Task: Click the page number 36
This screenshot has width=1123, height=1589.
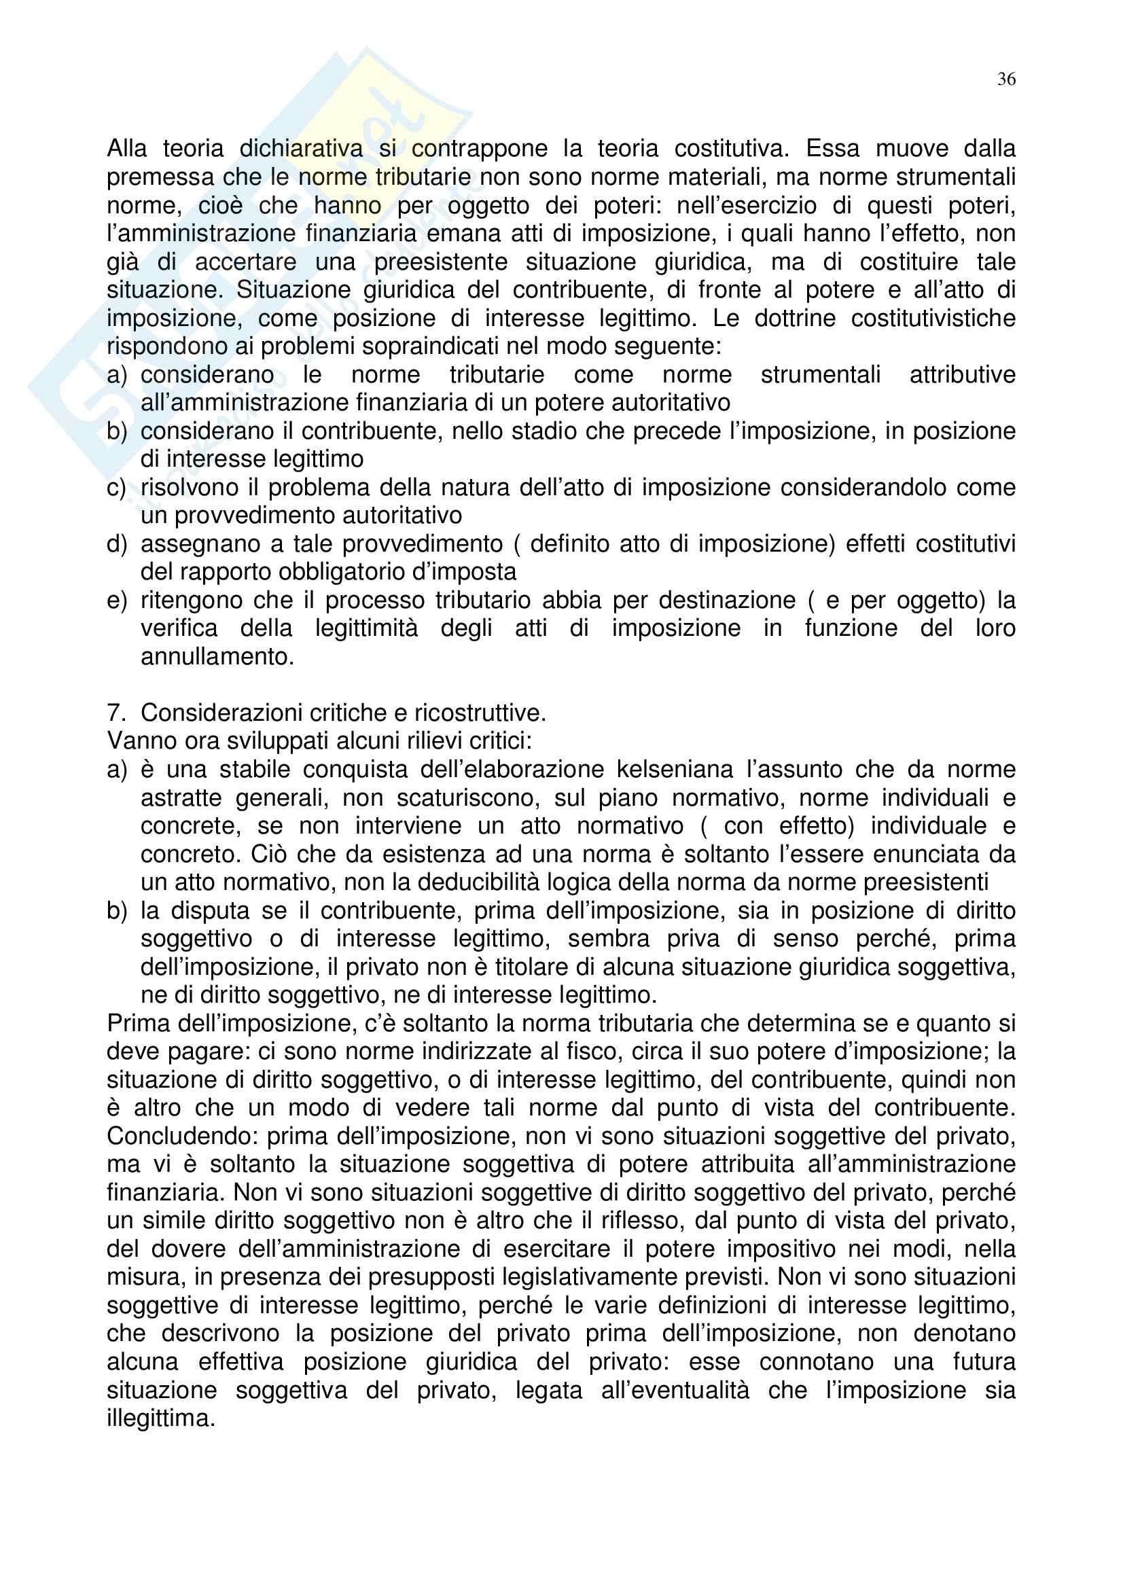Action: (x=1006, y=79)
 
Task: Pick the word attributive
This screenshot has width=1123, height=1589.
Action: (x=962, y=374)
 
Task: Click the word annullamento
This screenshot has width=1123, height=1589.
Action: (x=217, y=657)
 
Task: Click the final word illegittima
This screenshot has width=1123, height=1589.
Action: (x=160, y=1418)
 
